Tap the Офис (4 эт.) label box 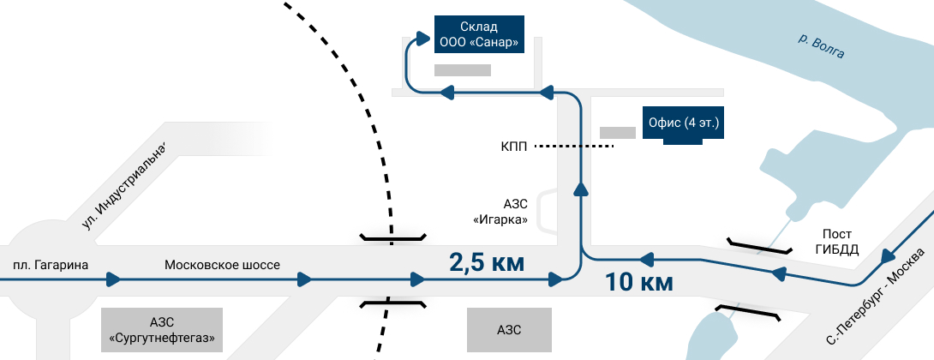coord(682,123)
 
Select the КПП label coord(514,147)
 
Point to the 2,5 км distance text coord(486,262)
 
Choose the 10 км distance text coord(638,281)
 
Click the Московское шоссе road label coord(222,264)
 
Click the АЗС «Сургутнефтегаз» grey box coord(161,330)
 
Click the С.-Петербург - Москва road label coord(876,298)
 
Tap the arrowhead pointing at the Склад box coord(422,39)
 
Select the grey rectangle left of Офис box coord(617,133)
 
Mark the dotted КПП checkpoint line coord(574,147)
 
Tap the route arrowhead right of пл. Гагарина coord(113,279)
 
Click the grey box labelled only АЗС coord(509,330)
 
